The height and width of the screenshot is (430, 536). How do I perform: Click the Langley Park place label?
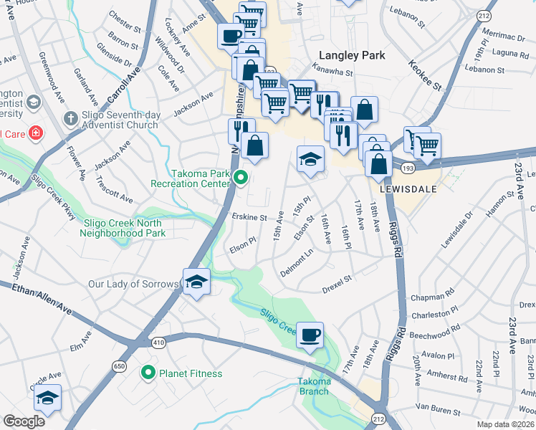coord(352,55)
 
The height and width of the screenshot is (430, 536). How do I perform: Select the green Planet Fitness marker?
coord(148,373)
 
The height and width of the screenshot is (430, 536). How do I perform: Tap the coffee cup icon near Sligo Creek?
coord(310,335)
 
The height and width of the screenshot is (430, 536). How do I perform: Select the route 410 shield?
coord(159,343)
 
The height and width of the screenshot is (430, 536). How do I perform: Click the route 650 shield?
coord(121,367)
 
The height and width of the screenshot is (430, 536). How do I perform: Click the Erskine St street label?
coord(249,216)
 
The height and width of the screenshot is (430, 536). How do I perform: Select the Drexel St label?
coord(338,279)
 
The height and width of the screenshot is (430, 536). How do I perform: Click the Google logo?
coord(24,421)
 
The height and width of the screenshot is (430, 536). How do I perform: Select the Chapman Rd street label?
coord(432,295)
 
